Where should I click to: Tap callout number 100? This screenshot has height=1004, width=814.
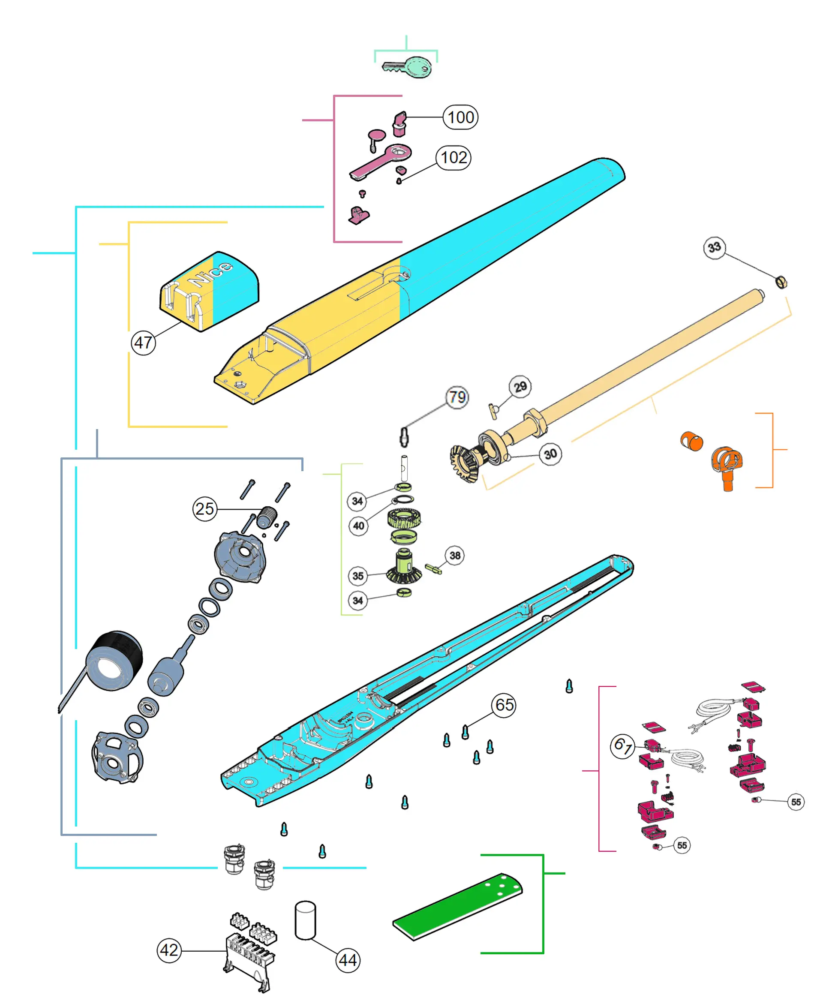460,117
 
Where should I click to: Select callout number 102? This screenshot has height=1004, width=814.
454,158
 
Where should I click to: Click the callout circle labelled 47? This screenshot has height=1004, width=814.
143,343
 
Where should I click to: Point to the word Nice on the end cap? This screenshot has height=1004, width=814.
210,274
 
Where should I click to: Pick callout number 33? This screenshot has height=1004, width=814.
714,247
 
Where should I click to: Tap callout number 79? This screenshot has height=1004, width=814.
457,397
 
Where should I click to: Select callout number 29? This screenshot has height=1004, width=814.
520,387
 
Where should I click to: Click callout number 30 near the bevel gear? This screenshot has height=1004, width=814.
550,454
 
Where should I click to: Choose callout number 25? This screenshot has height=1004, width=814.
205,509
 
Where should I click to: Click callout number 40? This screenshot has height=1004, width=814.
359,526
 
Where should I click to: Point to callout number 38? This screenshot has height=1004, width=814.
455,556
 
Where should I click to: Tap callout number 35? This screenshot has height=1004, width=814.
358,576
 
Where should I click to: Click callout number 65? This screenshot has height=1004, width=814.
504,705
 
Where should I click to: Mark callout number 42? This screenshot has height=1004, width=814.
169,950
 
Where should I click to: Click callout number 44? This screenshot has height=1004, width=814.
348,960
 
